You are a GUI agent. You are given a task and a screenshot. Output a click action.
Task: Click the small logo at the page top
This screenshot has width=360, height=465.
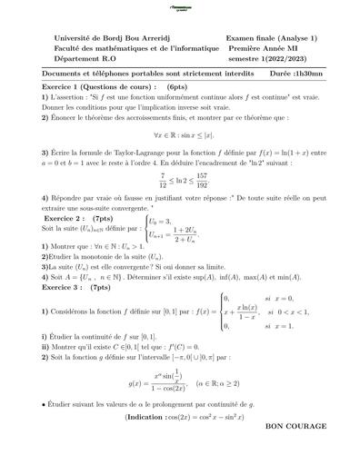coord(180,7)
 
